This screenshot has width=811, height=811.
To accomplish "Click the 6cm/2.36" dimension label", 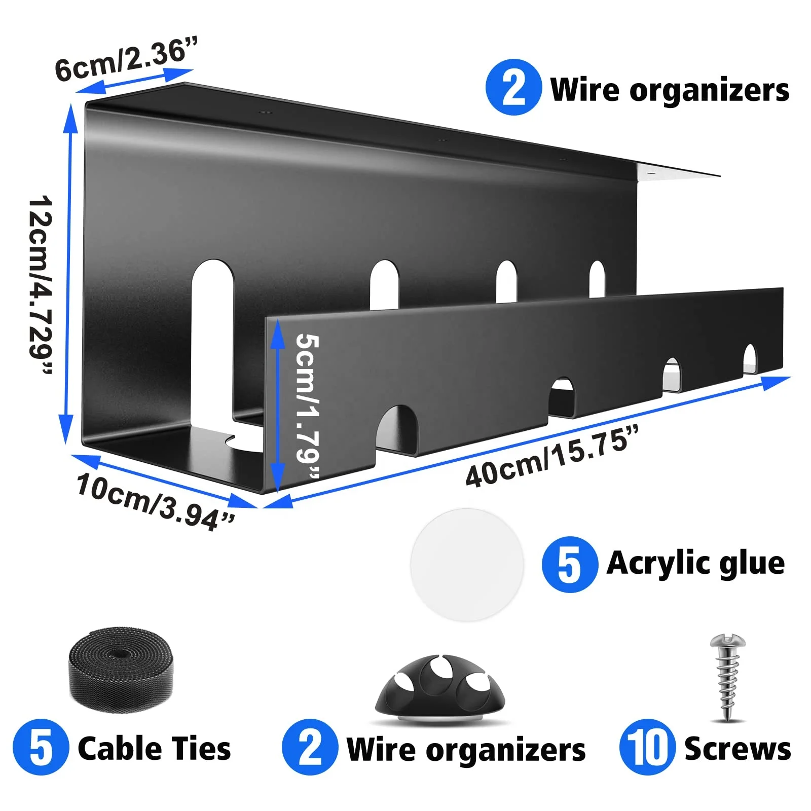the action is [x=126, y=60].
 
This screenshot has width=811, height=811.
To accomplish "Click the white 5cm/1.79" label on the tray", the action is [x=307, y=405].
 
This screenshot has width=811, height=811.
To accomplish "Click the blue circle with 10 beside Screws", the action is [x=647, y=748].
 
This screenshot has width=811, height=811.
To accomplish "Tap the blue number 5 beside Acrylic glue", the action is [x=569, y=564].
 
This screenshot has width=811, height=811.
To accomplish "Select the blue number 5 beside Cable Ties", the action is [x=41, y=748].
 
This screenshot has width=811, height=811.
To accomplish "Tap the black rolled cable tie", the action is [x=121, y=669].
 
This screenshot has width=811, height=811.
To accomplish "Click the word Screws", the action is [x=737, y=749].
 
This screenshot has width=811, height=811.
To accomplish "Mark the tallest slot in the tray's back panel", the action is [x=213, y=340].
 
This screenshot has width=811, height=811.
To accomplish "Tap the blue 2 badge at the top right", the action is [x=513, y=88].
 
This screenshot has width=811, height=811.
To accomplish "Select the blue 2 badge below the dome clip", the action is [x=310, y=748].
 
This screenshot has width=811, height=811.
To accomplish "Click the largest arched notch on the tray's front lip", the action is [x=397, y=428].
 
